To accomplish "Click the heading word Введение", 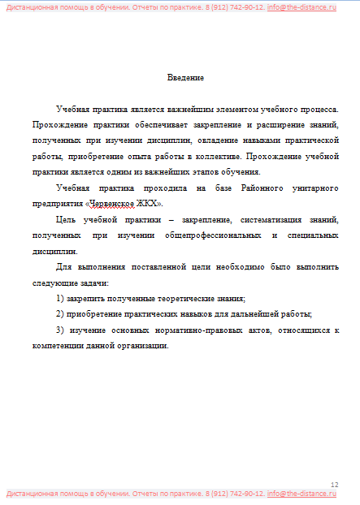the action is click(x=185, y=78).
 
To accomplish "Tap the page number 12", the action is click(x=334, y=484).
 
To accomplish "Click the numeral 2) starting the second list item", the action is click(x=60, y=313).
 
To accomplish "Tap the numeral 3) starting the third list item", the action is click(x=60, y=330).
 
